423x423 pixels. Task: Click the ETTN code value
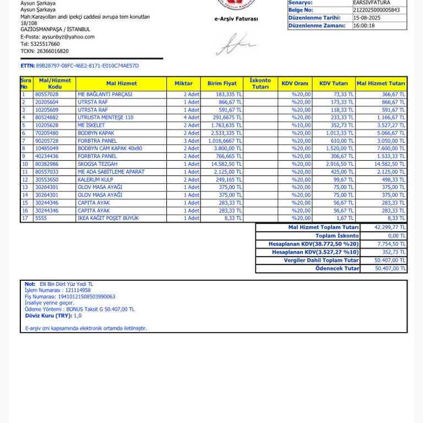point(87,66)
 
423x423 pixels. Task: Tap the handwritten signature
point(235,45)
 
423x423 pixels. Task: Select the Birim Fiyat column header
point(222,84)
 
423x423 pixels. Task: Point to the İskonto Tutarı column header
point(260,84)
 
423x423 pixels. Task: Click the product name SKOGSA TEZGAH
point(97,164)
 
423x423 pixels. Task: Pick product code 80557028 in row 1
point(47,95)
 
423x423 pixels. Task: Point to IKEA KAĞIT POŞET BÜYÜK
point(108,219)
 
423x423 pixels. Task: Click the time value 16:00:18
point(364,26)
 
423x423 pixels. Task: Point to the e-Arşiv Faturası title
point(236,19)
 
